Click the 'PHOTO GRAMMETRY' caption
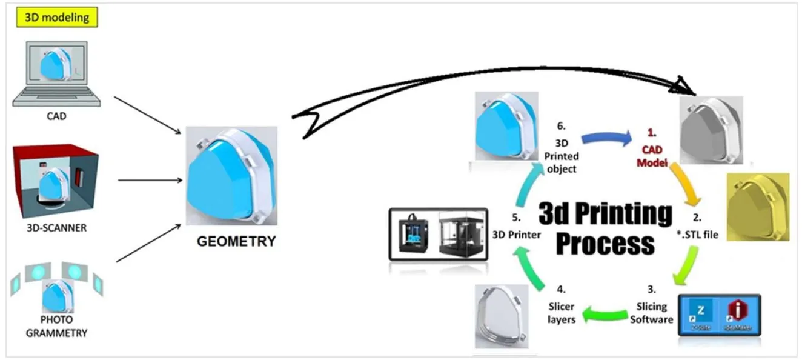click(56, 326)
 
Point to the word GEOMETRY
click(236, 241)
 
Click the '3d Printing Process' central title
click(605, 229)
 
